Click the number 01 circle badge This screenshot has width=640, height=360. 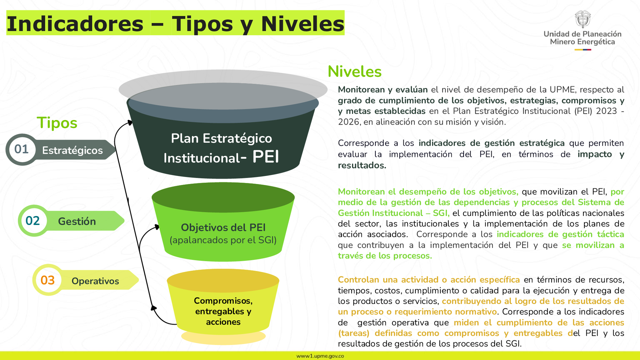(x=22, y=149)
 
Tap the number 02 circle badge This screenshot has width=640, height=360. (x=33, y=221)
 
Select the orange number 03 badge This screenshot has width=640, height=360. (x=48, y=280)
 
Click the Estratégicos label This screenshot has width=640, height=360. (x=72, y=150)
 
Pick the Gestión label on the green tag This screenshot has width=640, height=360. (x=77, y=221)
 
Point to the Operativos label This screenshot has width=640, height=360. (x=95, y=281)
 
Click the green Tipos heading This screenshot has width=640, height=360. (x=57, y=123)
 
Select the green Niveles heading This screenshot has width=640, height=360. (x=355, y=71)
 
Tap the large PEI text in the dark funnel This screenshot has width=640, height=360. (x=266, y=157)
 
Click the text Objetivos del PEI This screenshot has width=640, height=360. (x=223, y=227)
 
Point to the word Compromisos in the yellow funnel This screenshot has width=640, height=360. (x=223, y=301)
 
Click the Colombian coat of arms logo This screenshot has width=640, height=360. (x=583, y=19)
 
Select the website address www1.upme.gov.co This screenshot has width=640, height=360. (x=320, y=356)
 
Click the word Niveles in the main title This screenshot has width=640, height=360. (x=303, y=24)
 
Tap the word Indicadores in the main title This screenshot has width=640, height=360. (x=75, y=24)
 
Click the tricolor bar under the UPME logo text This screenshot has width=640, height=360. (x=583, y=50)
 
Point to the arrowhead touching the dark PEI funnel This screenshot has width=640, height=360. (x=129, y=123)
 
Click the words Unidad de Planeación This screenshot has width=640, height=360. (x=583, y=34)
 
